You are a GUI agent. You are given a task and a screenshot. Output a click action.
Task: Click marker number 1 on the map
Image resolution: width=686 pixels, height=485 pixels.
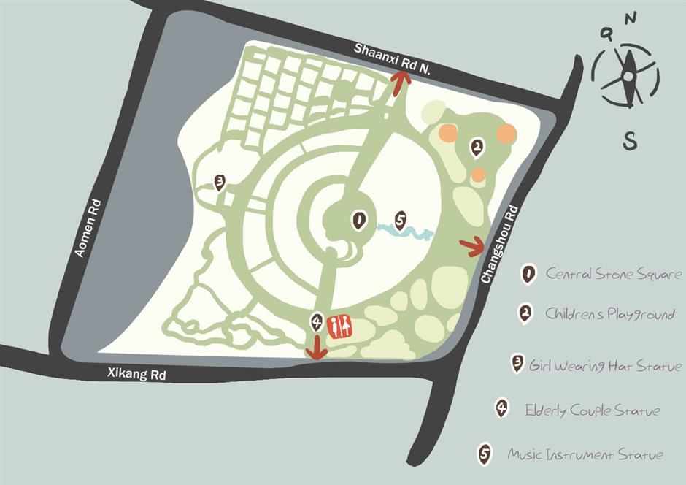click(x=358, y=220)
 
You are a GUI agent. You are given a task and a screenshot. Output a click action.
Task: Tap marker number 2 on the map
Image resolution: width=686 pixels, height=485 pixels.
click(x=477, y=148)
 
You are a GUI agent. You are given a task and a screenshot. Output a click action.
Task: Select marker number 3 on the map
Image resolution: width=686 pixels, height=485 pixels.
click(x=219, y=181)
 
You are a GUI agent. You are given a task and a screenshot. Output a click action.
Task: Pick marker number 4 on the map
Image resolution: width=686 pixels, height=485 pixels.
click(x=317, y=321)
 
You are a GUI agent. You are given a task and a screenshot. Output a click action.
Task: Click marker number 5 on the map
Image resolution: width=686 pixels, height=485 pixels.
click(x=400, y=220)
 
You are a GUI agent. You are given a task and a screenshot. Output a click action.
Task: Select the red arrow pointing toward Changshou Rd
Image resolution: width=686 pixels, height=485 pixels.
click(x=473, y=247)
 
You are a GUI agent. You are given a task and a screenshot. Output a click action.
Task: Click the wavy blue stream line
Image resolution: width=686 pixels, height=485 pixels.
click(x=405, y=233)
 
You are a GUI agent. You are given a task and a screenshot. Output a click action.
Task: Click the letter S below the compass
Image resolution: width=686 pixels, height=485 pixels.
click(x=630, y=141)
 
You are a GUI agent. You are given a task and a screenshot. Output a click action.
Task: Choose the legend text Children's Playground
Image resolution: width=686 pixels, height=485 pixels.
click(x=610, y=315)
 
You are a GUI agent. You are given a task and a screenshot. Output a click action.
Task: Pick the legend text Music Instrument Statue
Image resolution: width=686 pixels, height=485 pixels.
click(x=585, y=455)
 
